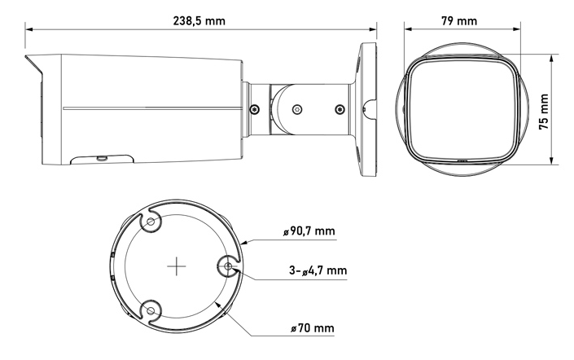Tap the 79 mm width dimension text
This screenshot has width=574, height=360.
(x=461, y=20)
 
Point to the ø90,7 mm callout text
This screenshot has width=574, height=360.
(x=312, y=231)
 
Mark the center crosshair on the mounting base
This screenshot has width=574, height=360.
(x=177, y=266)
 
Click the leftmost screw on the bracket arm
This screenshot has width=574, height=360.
(x=255, y=108)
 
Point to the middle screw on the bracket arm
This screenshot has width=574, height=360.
(x=297, y=108)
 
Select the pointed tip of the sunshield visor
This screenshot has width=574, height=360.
(x=27, y=57)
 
